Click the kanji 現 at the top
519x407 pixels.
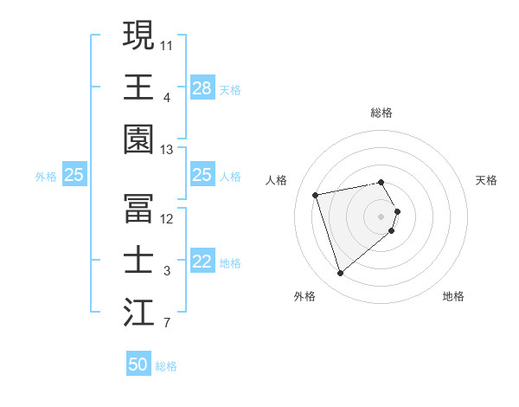pyautogui.click(x=138, y=36)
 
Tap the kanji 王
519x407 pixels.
pyautogui.click(x=138, y=87)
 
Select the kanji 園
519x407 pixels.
pyautogui.click(x=138, y=139)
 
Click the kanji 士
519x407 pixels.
pyautogui.click(x=138, y=260)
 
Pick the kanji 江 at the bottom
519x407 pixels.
pyautogui.click(x=138, y=313)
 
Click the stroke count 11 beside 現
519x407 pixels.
pyautogui.click(x=167, y=44)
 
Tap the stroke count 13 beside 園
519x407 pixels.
pyautogui.click(x=167, y=150)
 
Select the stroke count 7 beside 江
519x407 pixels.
pyautogui.click(x=166, y=325)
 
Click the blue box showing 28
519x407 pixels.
pyautogui.click(x=202, y=87)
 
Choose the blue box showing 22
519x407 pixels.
pyautogui.click(x=202, y=262)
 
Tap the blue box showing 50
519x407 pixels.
pyautogui.click(x=138, y=365)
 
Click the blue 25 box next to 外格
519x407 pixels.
pyautogui.click(x=74, y=175)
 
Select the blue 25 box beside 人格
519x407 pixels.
pyautogui.click(x=202, y=175)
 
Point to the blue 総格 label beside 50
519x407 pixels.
pyautogui.click(x=166, y=366)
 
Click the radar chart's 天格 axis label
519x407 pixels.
pyautogui.click(x=487, y=180)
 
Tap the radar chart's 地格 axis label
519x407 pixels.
pyautogui.click(x=453, y=296)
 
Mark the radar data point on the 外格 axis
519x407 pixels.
pyautogui.click(x=340, y=274)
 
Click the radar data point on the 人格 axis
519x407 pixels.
pyautogui.click(x=316, y=194)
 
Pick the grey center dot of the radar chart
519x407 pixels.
pyautogui.click(x=381, y=216)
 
